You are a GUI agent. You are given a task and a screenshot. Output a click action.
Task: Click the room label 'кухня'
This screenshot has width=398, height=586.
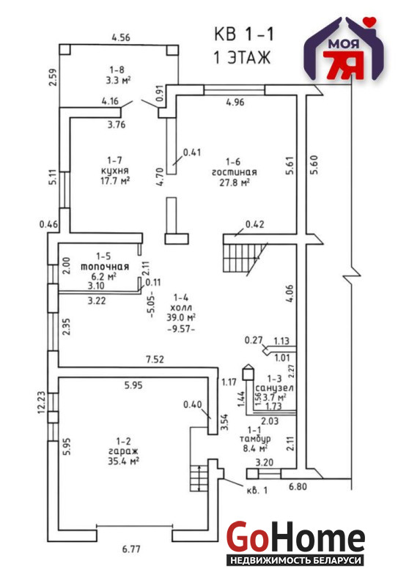[x=115, y=171]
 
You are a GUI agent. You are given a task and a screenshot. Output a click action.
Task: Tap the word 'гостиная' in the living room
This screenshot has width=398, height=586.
[x=234, y=172]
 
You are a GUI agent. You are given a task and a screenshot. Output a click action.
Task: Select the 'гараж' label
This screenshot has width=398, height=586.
[x=123, y=451]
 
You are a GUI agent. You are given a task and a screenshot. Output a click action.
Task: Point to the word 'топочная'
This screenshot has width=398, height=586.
[x=105, y=267]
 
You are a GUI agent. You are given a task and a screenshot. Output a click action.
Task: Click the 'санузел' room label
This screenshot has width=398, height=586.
[x=274, y=388]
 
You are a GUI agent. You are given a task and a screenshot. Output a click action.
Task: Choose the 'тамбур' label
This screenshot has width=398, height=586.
[x=256, y=439]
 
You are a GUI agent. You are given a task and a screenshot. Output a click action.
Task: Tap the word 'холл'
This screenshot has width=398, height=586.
[x=181, y=308]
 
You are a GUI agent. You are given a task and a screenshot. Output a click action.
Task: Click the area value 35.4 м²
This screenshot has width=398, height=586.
[x=123, y=461]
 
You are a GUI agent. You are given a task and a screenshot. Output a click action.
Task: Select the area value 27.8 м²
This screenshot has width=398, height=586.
[x=234, y=182]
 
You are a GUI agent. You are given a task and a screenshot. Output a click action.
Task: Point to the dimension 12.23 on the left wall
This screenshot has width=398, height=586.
[x=42, y=402]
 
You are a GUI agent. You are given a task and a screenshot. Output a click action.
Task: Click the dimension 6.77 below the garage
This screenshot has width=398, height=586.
[x=131, y=549]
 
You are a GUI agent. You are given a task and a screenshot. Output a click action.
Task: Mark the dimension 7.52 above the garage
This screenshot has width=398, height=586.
[x=155, y=360]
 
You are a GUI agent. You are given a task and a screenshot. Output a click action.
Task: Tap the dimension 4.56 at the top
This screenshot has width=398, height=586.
[x=121, y=37]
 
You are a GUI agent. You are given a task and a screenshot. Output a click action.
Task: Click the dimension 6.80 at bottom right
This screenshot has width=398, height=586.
[x=298, y=486]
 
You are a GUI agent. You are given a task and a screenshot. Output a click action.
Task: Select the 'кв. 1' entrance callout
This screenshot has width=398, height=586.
[x=257, y=490]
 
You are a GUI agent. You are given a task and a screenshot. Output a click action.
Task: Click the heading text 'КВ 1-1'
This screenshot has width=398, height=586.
[x=244, y=34]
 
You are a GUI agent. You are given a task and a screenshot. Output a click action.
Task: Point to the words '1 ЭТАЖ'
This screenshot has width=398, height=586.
[x=242, y=58]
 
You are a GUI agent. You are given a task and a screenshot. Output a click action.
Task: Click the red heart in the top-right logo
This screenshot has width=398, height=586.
[x=370, y=21]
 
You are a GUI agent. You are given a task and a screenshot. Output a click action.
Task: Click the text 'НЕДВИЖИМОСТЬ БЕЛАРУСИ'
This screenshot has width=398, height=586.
[x=295, y=560]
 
